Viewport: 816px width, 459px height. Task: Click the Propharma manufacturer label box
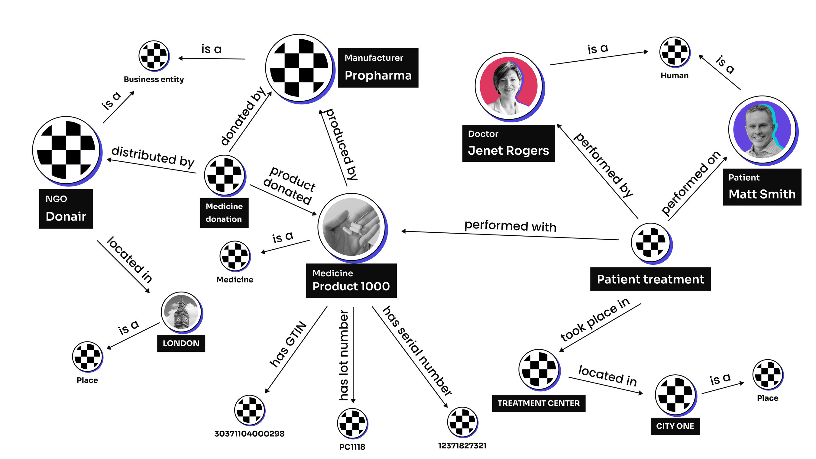coord(378,68)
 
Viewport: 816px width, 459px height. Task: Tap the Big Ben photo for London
coord(181,312)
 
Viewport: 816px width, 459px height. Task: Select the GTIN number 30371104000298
coord(249,434)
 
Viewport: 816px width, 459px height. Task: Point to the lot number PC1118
coord(352,447)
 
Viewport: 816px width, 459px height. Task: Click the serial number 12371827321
coord(462,446)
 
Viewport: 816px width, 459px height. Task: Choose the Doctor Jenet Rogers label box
coord(508,144)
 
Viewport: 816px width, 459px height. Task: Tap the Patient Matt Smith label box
coord(762,187)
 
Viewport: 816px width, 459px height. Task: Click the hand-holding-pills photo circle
coord(351,227)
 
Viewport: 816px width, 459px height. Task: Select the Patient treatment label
coord(650,280)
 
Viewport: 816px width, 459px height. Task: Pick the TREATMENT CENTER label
coord(539,403)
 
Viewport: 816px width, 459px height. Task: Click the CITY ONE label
coord(675,426)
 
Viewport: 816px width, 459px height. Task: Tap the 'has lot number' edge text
coord(344,355)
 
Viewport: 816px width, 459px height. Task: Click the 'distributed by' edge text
coord(153,157)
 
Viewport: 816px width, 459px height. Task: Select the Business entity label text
coord(154,79)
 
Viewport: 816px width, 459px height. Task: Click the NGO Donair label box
coord(66,209)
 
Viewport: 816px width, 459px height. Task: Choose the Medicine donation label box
coord(224,213)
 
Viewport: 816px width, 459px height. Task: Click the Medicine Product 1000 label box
coord(351,281)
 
